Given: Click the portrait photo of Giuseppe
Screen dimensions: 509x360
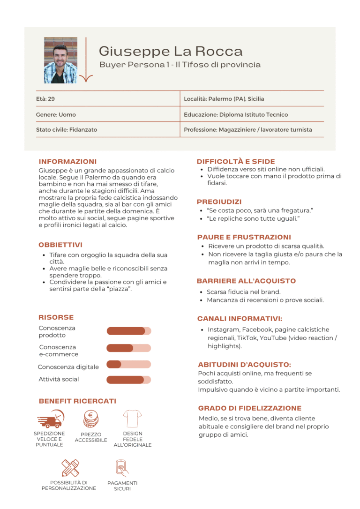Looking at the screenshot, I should [x=60, y=60].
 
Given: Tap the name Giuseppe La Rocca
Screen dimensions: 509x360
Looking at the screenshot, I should [x=171, y=51].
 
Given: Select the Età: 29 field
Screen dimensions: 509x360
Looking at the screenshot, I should [x=45, y=99].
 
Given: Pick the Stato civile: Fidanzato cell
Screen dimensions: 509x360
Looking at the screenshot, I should [x=67, y=129].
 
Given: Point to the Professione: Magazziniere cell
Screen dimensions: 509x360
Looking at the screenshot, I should [x=247, y=129].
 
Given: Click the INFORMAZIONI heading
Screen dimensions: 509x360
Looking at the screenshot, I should [x=67, y=161].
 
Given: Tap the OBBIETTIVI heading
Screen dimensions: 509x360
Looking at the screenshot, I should [x=60, y=245].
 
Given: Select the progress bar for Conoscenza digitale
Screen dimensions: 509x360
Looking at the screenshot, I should [x=129, y=364].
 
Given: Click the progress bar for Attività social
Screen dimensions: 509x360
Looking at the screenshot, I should [x=129, y=380].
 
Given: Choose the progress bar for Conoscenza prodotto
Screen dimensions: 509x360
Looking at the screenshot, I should [x=129, y=331].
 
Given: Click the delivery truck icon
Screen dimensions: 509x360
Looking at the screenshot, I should [x=50, y=419].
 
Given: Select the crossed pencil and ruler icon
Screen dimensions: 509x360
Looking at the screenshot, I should [x=70, y=468].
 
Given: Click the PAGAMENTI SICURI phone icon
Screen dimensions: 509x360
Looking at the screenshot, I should [x=122, y=468].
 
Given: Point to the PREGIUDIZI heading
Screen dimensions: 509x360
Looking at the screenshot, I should [x=219, y=202].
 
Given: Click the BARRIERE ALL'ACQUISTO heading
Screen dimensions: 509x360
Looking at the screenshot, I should [x=247, y=281].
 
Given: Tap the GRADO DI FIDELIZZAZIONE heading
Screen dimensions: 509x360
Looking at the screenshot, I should [x=250, y=408].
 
